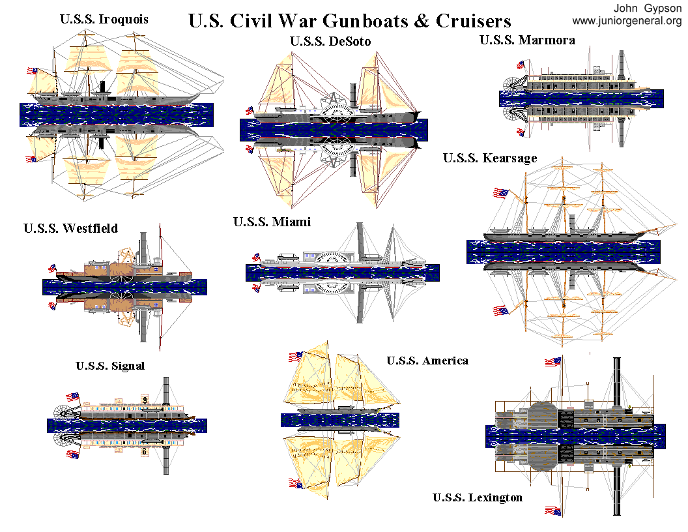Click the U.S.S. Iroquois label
point(104,20)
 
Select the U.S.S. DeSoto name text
point(330,41)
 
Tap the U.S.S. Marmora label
point(527,40)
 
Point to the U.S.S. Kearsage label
point(490,158)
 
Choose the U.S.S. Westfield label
point(70,228)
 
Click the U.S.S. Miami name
point(272,222)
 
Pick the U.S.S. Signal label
point(109,366)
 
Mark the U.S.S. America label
point(427,361)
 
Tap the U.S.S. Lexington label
point(477,498)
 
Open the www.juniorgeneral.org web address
point(627,21)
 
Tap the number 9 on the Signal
point(145,400)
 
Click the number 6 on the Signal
point(144,450)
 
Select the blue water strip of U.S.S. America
point(339,420)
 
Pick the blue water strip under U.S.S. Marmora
point(581,98)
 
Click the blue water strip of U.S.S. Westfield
point(124,286)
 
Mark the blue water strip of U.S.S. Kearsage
point(563,252)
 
